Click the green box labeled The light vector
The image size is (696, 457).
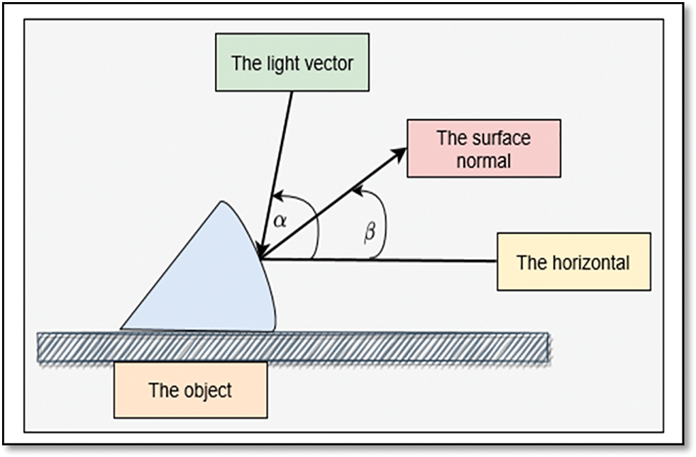coord(292,63)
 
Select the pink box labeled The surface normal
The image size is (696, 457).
coord(483,148)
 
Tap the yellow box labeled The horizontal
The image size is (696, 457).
coord(573,261)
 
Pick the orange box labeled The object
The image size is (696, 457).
coord(190,390)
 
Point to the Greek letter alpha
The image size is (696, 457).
coord(280,220)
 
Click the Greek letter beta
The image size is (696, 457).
coord(369,232)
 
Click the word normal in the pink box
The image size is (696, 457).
coord(483,160)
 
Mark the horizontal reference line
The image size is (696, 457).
coord(426,260)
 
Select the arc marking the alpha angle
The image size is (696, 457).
coord(312,220)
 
